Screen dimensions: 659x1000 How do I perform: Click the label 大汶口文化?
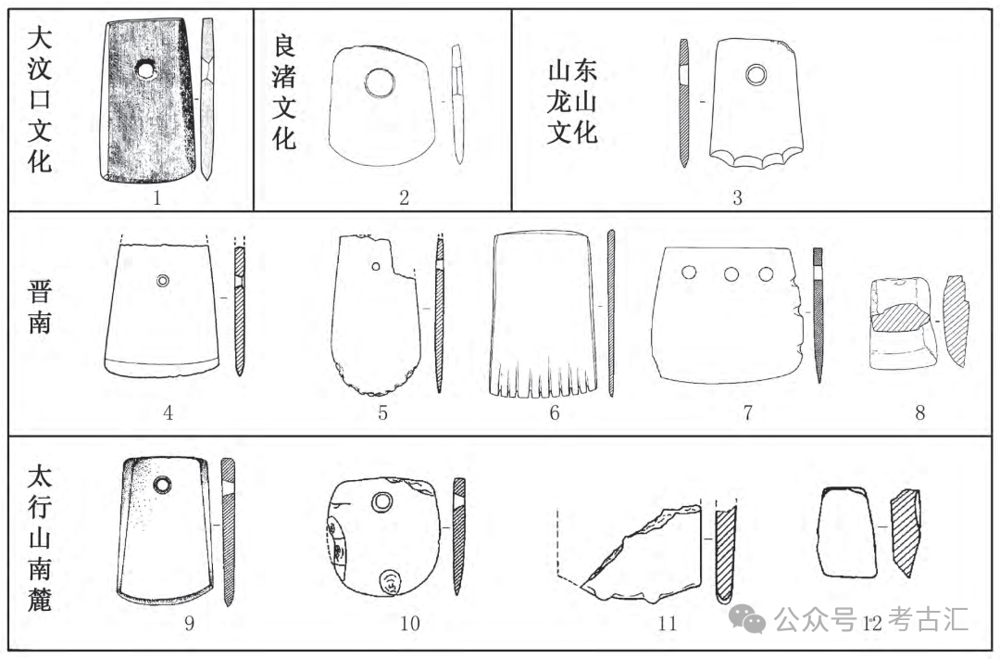tap(39, 98)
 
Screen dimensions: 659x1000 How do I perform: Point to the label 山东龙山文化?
tap(572, 102)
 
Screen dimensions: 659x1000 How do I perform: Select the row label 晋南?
tap(40, 309)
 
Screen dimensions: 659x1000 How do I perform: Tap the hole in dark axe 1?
tap(145, 70)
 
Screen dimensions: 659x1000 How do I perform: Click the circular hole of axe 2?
tap(379, 83)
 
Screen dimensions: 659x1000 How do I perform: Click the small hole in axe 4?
tap(163, 281)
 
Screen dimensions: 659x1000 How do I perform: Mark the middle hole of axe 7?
tap(731, 273)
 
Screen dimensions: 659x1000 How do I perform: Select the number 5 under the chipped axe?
tap(382, 413)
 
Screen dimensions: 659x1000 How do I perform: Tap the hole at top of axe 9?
tap(162, 485)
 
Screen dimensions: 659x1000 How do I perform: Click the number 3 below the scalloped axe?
tap(737, 197)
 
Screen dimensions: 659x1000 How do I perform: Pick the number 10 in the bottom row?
tap(409, 623)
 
